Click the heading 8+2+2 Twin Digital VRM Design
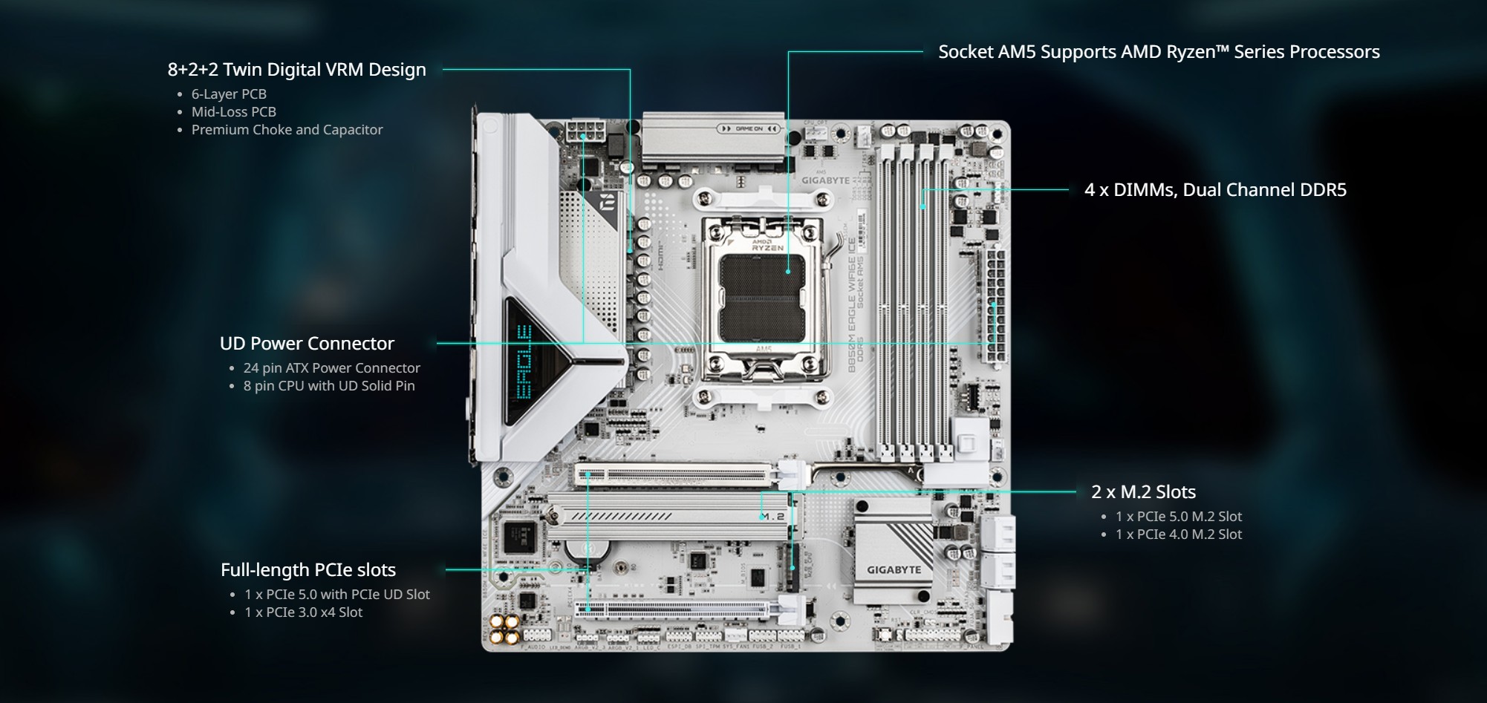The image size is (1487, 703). point(296,70)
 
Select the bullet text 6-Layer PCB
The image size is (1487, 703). point(229,94)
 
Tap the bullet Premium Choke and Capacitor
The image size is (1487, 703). point(287,130)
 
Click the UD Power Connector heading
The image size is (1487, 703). point(307,344)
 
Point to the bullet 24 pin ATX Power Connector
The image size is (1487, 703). point(331,368)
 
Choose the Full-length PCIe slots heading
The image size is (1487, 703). point(308,570)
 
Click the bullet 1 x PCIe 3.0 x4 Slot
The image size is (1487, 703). point(303,612)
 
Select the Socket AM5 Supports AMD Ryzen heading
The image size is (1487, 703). point(1158,52)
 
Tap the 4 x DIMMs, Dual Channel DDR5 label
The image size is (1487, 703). point(1214,190)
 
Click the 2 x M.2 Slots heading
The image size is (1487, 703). point(1143,492)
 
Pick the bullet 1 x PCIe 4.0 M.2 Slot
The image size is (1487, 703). point(1178,534)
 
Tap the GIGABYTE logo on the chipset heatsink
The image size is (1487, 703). point(894,570)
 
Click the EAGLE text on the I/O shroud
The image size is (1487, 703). point(524,362)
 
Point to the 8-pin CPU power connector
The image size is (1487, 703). point(585,134)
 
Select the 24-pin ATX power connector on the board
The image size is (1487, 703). point(995,307)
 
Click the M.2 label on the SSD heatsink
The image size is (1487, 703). point(772,517)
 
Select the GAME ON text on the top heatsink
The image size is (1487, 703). point(749,129)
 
